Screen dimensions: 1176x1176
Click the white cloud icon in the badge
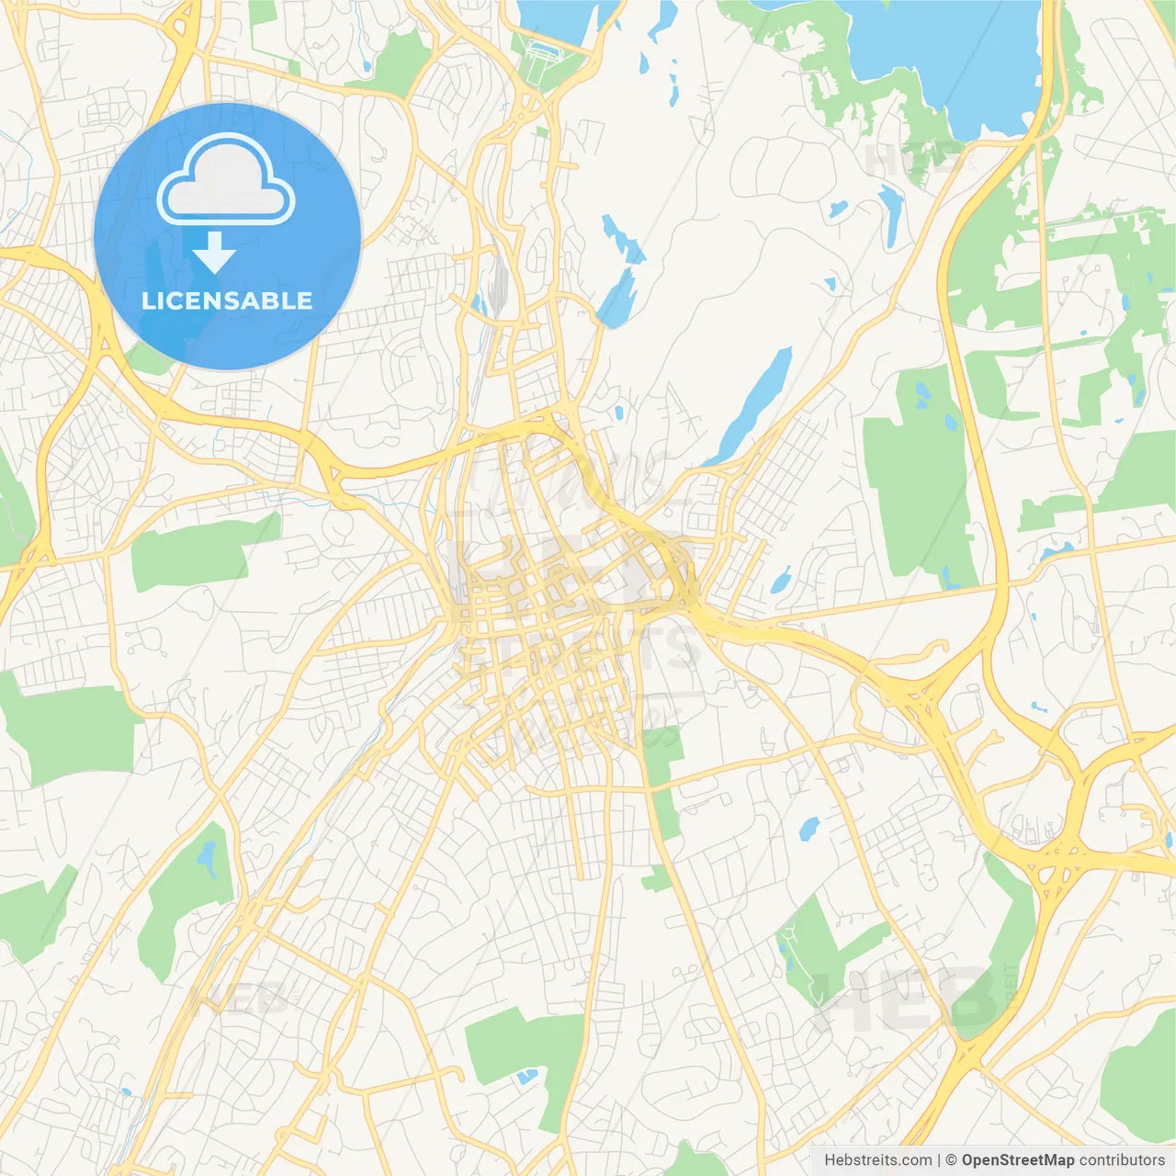226,180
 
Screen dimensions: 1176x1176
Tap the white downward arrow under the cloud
214,252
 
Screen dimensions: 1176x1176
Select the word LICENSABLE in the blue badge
227,300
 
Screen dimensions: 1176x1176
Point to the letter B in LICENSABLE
271,300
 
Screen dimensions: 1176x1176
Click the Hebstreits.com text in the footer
878,1160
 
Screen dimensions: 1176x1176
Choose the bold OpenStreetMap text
1017,1160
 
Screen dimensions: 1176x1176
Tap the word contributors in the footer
1122,1160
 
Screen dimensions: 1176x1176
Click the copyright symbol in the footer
951,1160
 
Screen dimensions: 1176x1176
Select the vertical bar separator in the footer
939,1160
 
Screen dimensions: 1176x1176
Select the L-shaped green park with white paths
818,946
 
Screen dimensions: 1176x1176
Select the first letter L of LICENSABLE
147,300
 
